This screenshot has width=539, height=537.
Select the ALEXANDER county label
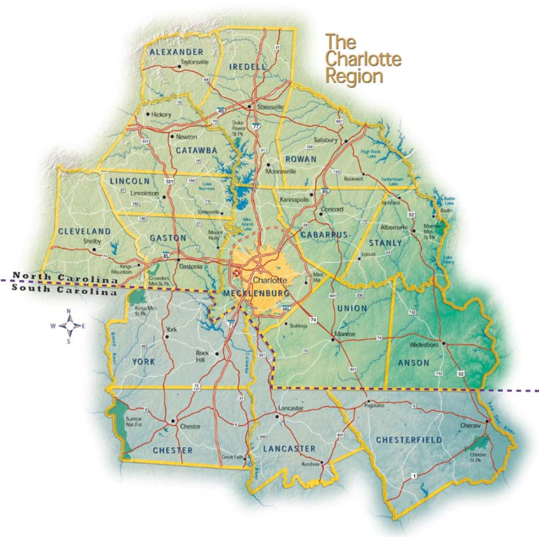(176, 52)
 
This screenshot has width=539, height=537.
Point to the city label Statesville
(270, 106)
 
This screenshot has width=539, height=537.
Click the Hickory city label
(162, 114)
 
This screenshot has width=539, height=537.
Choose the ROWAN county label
(301, 159)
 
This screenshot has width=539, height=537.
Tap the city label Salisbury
(326, 140)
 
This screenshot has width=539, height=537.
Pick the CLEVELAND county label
(85, 231)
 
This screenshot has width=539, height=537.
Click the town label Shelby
(92, 241)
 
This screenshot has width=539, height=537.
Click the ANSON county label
(414, 362)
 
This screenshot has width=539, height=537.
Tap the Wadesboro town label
(423, 345)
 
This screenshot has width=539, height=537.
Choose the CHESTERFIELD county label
(409, 440)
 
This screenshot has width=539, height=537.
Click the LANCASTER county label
(289, 449)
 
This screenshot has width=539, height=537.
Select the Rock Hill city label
(202, 356)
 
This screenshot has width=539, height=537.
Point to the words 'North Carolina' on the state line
(65, 278)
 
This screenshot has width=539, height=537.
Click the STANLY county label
(385, 242)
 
